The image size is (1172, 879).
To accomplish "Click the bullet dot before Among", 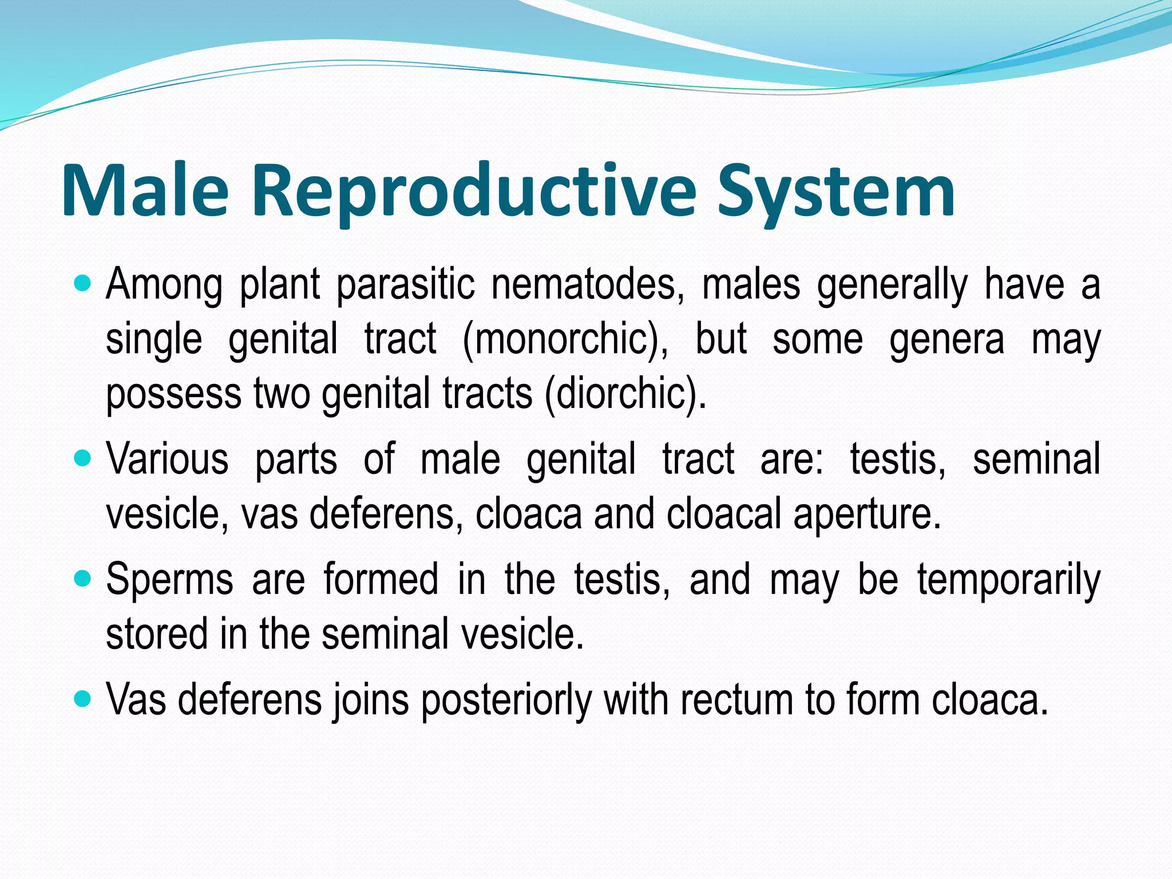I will (x=84, y=283).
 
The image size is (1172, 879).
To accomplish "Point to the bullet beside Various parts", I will (x=84, y=458).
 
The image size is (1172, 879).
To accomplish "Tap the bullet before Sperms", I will (x=84, y=579).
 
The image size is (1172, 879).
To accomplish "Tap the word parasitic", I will (x=405, y=284).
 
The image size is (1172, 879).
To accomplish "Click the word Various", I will (x=167, y=459).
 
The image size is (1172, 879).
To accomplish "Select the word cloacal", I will (x=724, y=514).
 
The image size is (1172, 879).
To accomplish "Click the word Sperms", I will (x=169, y=580).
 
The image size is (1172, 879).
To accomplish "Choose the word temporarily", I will (x=1009, y=580).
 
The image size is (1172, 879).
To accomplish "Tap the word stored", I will (x=149, y=634).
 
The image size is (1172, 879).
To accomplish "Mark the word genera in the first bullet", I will (x=947, y=339).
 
